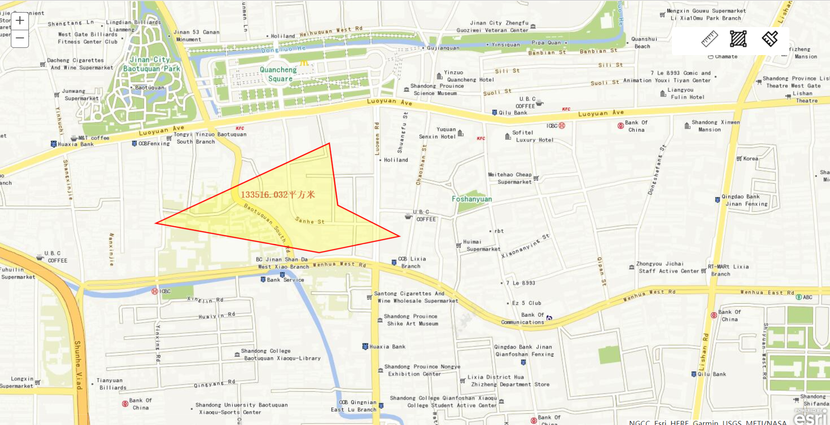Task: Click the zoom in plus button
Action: click(x=20, y=21)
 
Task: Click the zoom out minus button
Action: click(x=20, y=38)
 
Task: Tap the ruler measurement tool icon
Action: click(x=709, y=39)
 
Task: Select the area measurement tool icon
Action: click(x=738, y=39)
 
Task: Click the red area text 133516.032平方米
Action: click(x=278, y=194)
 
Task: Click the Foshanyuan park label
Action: click(x=472, y=199)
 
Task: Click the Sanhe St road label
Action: click(x=310, y=221)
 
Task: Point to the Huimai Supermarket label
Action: click(x=482, y=245)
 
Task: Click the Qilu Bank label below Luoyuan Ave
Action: click(x=513, y=113)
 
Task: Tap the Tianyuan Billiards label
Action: click(x=112, y=384)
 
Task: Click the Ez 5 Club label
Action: click(x=526, y=303)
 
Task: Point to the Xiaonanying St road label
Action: click(x=525, y=246)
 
